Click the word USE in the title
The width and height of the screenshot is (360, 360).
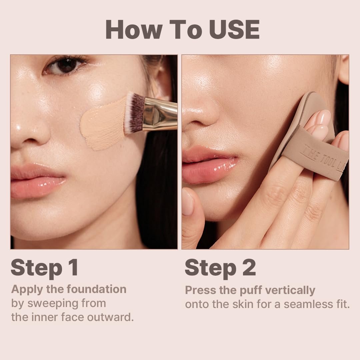[x=234, y=30]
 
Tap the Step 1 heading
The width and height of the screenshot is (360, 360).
[x=44, y=268]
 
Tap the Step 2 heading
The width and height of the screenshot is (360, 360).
[x=220, y=268]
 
